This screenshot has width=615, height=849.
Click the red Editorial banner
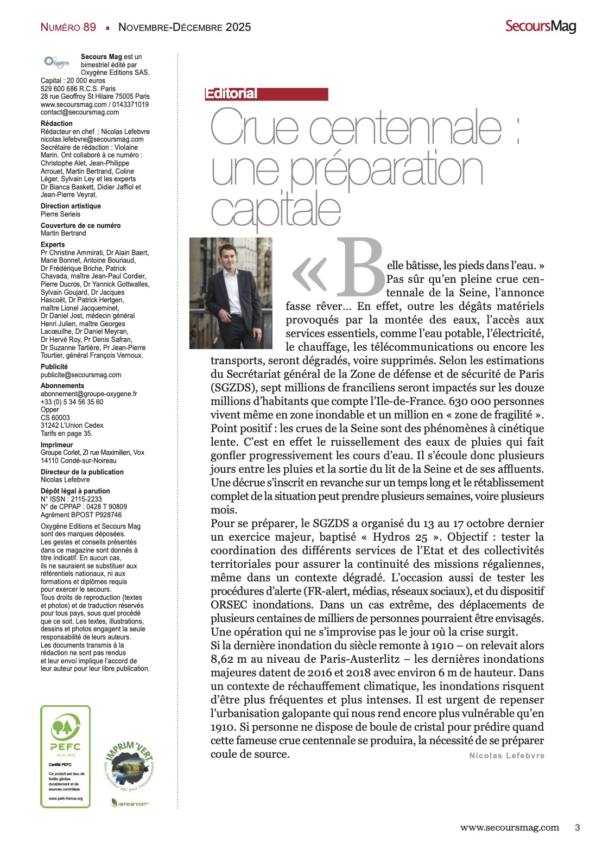tap(266, 94)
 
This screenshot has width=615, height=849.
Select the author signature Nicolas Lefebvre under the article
tap(506, 756)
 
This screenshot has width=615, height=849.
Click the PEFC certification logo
tap(66, 733)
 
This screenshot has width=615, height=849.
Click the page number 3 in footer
tap(577, 828)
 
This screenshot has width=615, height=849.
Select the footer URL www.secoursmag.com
tap(509, 828)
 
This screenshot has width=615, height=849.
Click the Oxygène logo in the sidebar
tap(56, 62)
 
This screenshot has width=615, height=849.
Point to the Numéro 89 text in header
tap(68, 27)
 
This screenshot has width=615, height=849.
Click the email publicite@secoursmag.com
tap(81, 375)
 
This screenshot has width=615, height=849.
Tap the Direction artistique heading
tap(71, 206)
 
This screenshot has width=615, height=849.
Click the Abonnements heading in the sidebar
tap(62, 386)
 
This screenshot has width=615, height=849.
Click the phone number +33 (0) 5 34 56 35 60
tap(72, 402)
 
